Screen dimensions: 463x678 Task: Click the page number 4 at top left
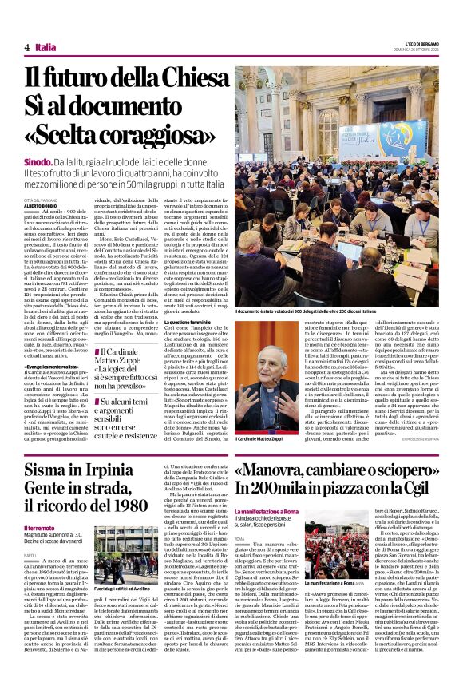tap(27, 47)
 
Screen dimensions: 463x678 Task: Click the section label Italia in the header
tap(45, 47)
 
